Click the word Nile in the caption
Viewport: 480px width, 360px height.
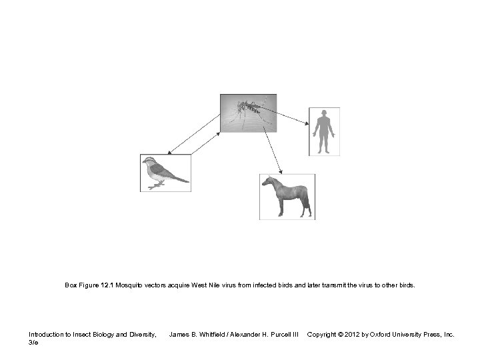pyautogui.click(x=213, y=285)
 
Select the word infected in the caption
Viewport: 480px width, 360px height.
pyautogui.click(x=261, y=285)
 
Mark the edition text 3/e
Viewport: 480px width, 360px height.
pyautogui.click(x=34, y=342)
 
